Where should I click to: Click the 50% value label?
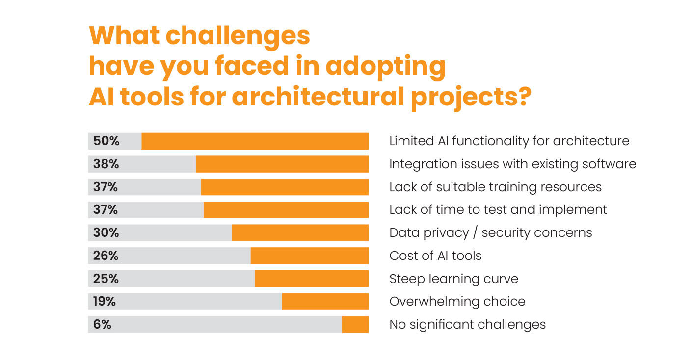click(106, 141)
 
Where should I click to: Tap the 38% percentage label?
click(106, 164)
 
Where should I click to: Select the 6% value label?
click(103, 325)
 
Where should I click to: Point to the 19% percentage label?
click(105, 302)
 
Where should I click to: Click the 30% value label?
click(106, 233)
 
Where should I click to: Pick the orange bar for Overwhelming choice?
click(325, 302)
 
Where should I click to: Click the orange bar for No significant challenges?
click(355, 325)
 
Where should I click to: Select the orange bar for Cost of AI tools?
click(309, 256)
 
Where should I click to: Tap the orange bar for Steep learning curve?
click(312, 279)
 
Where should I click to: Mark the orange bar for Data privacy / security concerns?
click(300, 233)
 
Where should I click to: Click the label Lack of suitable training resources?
click(495, 187)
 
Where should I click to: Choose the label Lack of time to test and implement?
click(498, 210)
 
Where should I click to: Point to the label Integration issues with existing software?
click(512, 164)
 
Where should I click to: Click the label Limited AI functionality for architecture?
click(509, 141)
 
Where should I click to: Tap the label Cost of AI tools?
click(435, 256)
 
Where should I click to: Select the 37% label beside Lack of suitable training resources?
click(106, 187)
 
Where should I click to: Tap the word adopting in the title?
click(385, 66)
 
